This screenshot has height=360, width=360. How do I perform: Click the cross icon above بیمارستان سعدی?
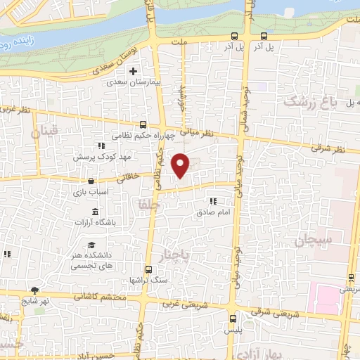pyautogui.click(x=133, y=71)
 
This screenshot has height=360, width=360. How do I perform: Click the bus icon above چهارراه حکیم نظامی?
pyautogui.click(x=143, y=124)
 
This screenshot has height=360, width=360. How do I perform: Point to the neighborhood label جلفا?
pyautogui.click(x=139, y=204)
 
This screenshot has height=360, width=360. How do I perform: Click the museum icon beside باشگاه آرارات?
pyautogui.click(x=96, y=213)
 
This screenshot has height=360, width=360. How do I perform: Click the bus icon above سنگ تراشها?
pyautogui.click(x=148, y=269)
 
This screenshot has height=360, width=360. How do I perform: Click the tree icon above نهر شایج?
pyautogui.click(x=34, y=290)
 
